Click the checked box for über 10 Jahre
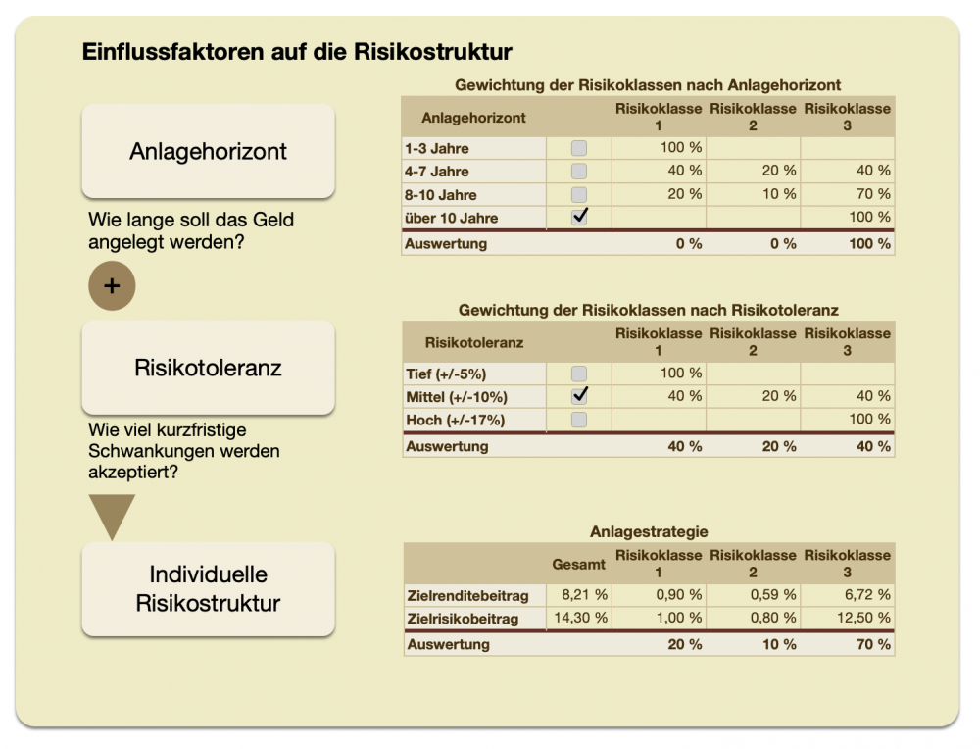pyautogui.click(x=579, y=217)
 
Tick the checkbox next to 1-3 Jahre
pyautogui.click(x=579, y=149)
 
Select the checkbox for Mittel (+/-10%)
pyautogui.click(x=579, y=396)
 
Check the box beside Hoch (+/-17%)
pyautogui.click(x=579, y=420)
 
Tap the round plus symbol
pyautogui.click(x=112, y=286)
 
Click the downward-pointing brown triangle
pyautogui.click(x=112, y=516)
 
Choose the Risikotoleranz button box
pyautogui.click(x=208, y=368)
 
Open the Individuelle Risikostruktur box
pyautogui.click(x=208, y=589)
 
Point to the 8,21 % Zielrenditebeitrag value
pyautogui.click(x=584, y=594)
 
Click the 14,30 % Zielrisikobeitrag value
pyautogui.click(x=582, y=618)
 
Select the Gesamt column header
pyautogui.click(x=578, y=564)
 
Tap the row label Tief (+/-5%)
pyautogui.click(x=446, y=374)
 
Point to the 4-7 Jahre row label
pyautogui.click(x=436, y=172)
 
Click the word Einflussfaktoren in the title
pyautogui.click(x=162, y=51)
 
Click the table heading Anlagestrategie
pyautogui.click(x=649, y=531)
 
